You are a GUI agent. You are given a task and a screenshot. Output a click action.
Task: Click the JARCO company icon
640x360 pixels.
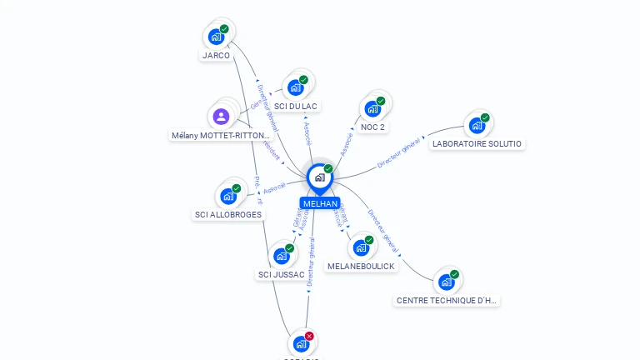[216, 37]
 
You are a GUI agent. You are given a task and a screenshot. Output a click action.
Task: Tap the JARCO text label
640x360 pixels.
[216, 56]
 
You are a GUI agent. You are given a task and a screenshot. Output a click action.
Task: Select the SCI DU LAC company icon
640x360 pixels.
[295, 87]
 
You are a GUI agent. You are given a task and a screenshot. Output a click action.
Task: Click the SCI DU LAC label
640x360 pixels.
[296, 106]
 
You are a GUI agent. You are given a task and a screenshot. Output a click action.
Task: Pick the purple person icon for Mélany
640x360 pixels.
[221, 117]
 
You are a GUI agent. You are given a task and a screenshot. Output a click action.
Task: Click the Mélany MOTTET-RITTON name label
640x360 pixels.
[221, 135]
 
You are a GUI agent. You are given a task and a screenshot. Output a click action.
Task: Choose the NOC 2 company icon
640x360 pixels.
[372, 109]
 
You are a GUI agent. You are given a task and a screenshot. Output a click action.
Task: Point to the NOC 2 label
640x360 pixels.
[373, 127]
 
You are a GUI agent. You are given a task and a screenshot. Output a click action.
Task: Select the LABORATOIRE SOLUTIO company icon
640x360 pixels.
[477, 125]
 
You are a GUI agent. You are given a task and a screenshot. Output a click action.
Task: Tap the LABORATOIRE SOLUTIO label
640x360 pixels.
[477, 144]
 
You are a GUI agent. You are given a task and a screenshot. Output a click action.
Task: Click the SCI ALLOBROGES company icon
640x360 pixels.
[227, 197]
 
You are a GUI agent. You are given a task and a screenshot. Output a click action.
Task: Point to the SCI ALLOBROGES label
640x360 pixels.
[228, 215]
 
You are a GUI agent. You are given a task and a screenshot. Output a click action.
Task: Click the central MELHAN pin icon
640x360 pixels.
[320, 177]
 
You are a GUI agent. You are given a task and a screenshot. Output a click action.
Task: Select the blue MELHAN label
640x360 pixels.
[320, 203]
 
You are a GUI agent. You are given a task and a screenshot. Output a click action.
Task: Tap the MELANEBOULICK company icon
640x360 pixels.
[361, 247]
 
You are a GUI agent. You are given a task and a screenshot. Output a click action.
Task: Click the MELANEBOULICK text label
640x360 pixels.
[361, 266]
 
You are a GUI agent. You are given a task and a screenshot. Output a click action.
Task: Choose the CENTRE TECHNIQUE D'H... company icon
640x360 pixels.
[447, 282]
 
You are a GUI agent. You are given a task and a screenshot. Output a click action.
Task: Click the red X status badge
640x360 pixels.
[309, 336]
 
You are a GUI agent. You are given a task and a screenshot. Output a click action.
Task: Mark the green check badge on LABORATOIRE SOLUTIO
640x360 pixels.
[485, 117]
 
